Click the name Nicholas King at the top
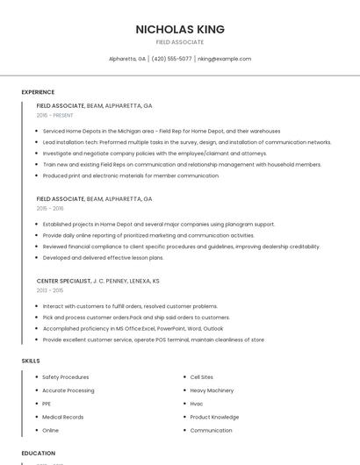(180, 29)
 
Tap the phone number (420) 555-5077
(171, 59)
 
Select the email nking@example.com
(224, 59)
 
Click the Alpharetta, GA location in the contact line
(127, 59)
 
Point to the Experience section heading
(38, 92)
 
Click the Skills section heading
(31, 361)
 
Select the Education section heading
(39, 453)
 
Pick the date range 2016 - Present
(54, 115)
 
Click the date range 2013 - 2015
(50, 290)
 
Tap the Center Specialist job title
(63, 281)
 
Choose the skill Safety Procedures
(66, 377)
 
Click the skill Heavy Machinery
(212, 390)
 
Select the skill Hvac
(197, 404)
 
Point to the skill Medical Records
(63, 417)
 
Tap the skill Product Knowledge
(214, 417)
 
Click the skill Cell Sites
(202, 377)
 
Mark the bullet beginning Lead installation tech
(187, 142)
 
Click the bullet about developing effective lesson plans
(103, 258)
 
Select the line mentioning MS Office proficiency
(133, 328)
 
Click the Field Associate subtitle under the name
(180, 42)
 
